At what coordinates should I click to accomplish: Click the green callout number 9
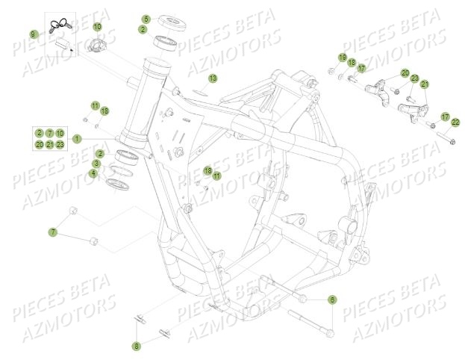point(33,35)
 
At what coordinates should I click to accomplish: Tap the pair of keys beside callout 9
point(57,27)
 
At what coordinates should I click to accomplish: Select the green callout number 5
point(146,19)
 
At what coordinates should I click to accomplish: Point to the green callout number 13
point(213,78)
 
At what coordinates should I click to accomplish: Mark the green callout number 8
point(136,324)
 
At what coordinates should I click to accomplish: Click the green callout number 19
point(342,58)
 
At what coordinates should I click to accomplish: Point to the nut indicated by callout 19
point(331,72)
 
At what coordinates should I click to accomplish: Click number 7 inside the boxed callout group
point(49,132)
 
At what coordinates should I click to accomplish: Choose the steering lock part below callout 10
point(98,47)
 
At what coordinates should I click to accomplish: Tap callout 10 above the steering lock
point(97,28)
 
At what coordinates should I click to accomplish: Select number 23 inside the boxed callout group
point(60,144)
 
